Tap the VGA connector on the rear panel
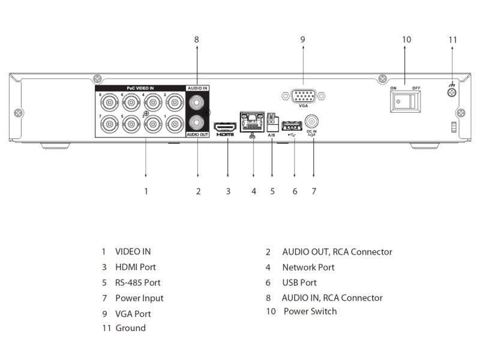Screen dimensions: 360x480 pyautogui.click(x=302, y=95)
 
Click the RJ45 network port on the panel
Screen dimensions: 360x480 pyautogui.click(x=253, y=122)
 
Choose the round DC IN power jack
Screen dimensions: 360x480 pyautogui.click(x=311, y=121)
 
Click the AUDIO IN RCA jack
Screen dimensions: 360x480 pyautogui.click(x=197, y=103)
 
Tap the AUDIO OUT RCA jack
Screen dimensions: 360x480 pyautogui.click(x=197, y=123)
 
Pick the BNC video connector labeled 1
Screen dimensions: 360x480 pyautogui.click(x=174, y=124)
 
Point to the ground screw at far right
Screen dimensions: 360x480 pyautogui.click(x=451, y=92)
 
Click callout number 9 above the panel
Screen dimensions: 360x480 pyautogui.click(x=302, y=40)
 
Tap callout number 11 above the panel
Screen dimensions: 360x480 pyautogui.click(x=452, y=40)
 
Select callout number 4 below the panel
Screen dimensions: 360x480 pyautogui.click(x=253, y=191)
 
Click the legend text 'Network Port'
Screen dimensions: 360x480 pyautogui.click(x=308, y=268)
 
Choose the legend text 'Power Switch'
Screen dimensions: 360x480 pyautogui.click(x=310, y=311)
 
